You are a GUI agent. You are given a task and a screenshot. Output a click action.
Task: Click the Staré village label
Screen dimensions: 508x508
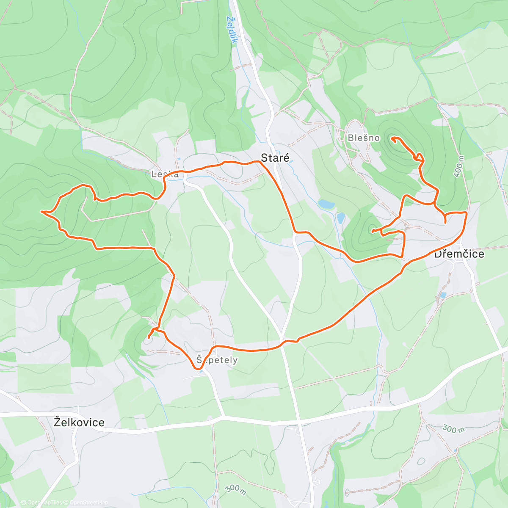tap(275, 158)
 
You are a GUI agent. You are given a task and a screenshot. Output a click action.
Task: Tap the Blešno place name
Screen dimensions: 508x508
tap(364, 138)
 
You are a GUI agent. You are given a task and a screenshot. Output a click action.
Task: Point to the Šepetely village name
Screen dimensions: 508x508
tap(217, 360)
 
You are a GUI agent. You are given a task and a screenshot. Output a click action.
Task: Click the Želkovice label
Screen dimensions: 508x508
tap(79, 422)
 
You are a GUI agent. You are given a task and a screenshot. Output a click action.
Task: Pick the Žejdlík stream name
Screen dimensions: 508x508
tap(232, 30)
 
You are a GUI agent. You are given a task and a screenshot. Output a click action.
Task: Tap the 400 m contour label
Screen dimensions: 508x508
tap(459, 166)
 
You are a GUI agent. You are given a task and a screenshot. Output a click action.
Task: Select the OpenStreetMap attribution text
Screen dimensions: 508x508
tap(89, 503)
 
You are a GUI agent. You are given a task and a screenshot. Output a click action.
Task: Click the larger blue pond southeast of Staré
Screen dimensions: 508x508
tap(326, 204)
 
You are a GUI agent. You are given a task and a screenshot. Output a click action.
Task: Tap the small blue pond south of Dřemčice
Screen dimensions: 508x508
tap(443, 295)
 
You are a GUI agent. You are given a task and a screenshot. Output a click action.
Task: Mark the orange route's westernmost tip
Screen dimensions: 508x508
tap(41, 211)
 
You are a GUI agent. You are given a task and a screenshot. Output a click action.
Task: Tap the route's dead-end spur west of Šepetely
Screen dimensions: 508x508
tap(149, 337)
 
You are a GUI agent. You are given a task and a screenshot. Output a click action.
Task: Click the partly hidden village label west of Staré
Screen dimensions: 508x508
tap(165, 174)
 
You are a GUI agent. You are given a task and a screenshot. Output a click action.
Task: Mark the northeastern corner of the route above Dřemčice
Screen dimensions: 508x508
tap(467, 212)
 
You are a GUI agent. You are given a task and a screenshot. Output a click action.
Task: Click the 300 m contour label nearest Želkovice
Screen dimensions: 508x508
tap(235, 489)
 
